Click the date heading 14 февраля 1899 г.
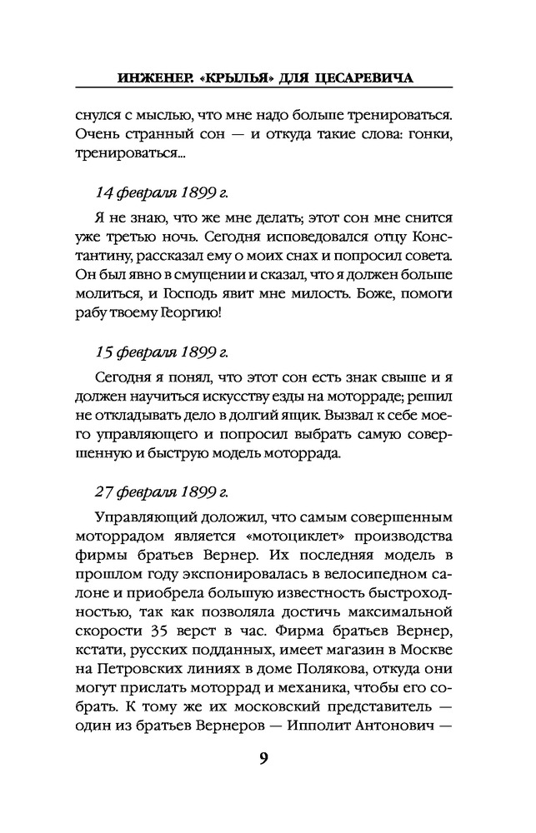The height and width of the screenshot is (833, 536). [x=161, y=192]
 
